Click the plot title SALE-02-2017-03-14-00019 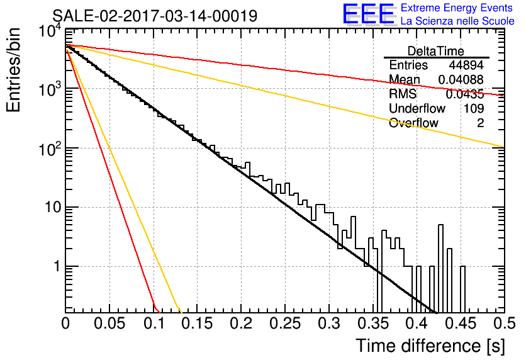[155, 16]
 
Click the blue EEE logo [369, 14]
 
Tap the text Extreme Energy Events [457, 8]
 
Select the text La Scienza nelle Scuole [457, 21]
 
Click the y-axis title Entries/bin [13, 70]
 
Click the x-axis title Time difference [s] [430, 346]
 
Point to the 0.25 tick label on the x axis [285, 323]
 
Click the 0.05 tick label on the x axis [109, 323]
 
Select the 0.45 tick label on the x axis [461, 323]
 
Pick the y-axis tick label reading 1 [57, 266]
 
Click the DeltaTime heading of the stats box [436, 51]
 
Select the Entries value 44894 [466, 65]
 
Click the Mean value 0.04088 [461, 80]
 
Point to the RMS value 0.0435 [464, 94]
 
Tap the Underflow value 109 [474, 108]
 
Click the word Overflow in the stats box [413, 123]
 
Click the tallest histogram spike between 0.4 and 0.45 [441, 268]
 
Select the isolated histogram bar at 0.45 [462, 290]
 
